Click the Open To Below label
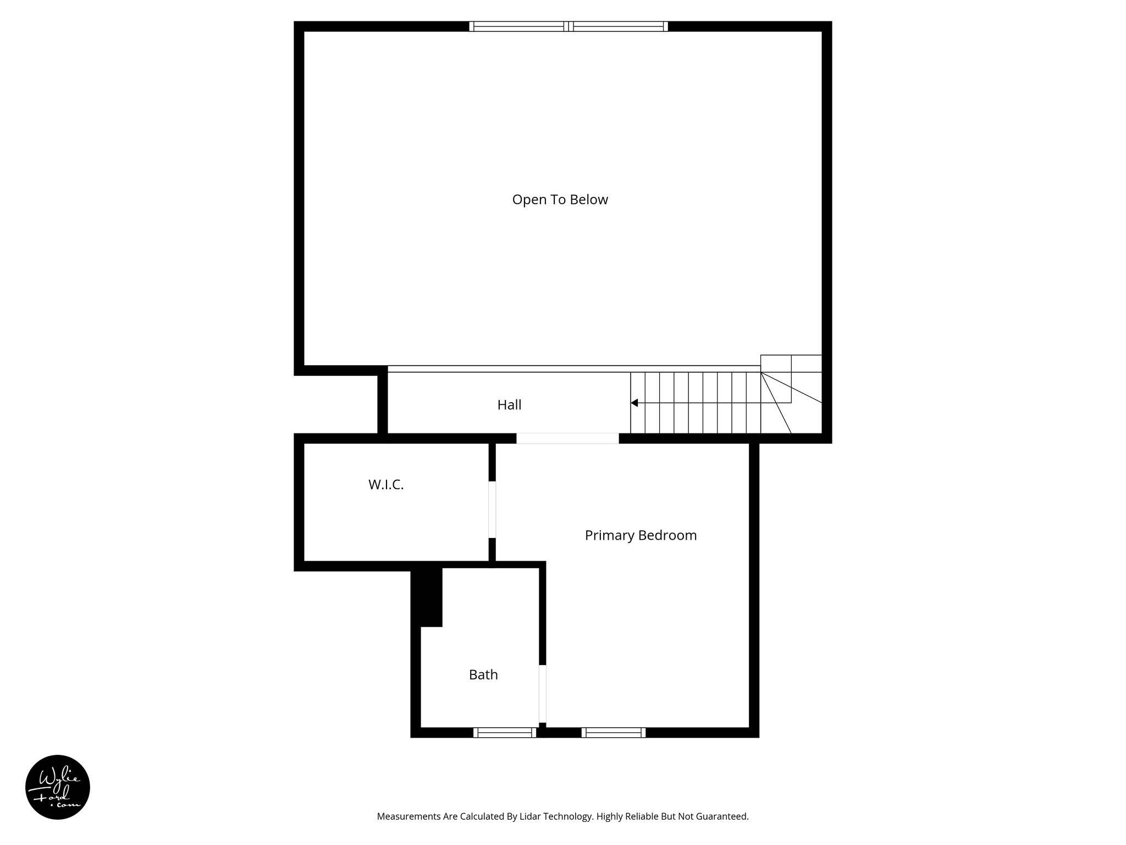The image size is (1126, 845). tap(560, 200)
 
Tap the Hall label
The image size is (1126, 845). tap(509, 405)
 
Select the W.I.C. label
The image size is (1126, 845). tap(386, 485)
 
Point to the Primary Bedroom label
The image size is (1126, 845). tap(641, 536)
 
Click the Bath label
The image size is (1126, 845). tap(483, 675)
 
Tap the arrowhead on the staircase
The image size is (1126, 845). tap(634, 403)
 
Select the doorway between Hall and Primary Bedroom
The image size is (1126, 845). tap(567, 438)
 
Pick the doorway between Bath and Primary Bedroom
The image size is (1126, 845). tap(542, 694)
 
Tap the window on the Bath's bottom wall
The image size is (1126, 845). tap(505, 732)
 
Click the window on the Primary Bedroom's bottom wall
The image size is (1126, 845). tap(614, 732)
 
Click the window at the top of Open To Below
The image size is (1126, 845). tap(568, 26)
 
